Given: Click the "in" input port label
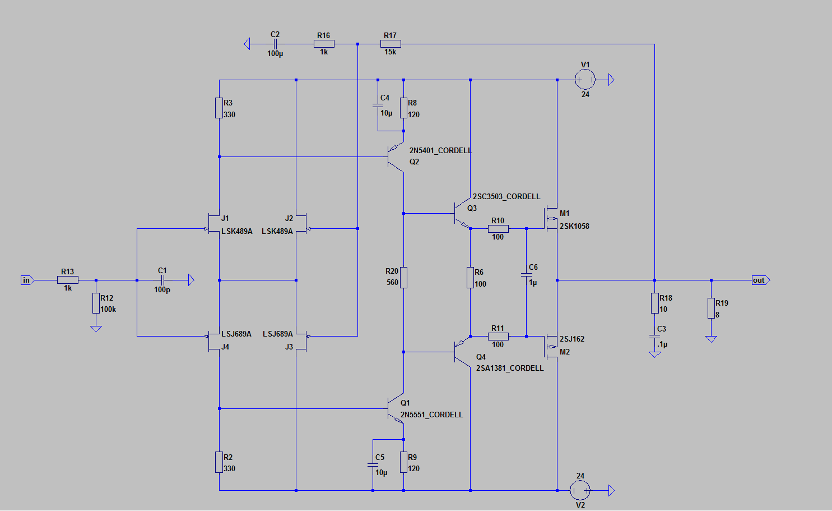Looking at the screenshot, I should click(26, 280).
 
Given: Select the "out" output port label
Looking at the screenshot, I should click(759, 280).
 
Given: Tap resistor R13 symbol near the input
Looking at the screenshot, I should click(68, 280).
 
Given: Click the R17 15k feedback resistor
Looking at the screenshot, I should click(391, 44).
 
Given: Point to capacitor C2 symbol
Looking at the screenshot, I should click(275, 44).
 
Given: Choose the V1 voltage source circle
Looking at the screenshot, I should click(585, 80).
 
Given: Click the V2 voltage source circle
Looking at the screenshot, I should click(580, 490).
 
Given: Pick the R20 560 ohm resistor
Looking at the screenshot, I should click(403, 277).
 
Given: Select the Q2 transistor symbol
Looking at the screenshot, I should click(396, 157).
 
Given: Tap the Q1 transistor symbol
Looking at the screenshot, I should click(396, 409).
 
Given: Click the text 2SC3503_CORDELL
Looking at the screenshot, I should click(506, 196).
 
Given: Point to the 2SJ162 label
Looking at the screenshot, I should click(572, 339).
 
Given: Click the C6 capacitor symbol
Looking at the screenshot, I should click(526, 275).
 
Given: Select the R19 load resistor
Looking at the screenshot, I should click(711, 309).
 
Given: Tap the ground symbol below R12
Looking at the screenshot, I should click(96, 328).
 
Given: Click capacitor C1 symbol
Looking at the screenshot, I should click(162, 280).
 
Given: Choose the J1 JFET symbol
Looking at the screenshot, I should click(213, 223).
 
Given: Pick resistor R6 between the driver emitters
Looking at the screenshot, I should click(470, 277).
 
